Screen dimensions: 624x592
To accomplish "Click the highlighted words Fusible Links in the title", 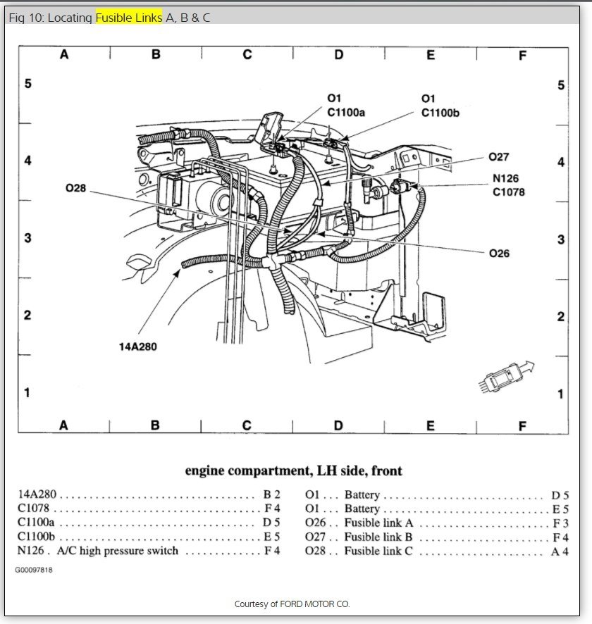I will (128, 18).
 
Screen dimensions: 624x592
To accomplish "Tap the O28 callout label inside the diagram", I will (75, 189).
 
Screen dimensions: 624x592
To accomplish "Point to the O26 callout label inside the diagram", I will (499, 254).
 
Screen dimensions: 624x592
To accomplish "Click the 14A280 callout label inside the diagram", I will (137, 347).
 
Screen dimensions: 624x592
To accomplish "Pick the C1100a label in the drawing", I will (347, 112).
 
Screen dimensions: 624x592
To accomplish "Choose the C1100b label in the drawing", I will (440, 112).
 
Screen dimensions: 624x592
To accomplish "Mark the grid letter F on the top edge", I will (522, 55).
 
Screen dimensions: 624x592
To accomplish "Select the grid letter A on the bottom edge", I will (63, 425).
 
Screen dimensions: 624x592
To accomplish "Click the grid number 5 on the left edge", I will (27, 84).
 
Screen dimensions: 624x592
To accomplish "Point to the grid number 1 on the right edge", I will (561, 394).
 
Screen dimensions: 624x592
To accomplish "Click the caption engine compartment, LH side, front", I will (293, 470).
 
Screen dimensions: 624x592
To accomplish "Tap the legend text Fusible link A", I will (378, 523).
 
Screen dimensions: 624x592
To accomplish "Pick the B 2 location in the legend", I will (272, 494).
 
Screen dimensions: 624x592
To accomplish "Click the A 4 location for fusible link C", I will (560, 551).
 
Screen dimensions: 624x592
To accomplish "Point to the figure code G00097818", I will (35, 570).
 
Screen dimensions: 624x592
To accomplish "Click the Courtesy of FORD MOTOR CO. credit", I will (292, 604).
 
